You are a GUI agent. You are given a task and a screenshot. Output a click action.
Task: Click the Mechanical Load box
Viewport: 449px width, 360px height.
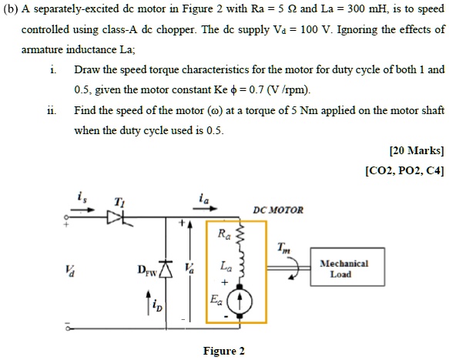click(x=340, y=268)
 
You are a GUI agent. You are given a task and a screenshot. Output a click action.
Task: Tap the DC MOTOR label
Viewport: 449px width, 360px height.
click(x=279, y=210)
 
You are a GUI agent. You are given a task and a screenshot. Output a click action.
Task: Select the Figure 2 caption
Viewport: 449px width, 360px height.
click(x=223, y=352)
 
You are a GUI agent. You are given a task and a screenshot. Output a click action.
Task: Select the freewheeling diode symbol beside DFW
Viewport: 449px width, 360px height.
click(x=163, y=269)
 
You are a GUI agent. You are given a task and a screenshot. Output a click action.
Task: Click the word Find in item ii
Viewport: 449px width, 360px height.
click(x=85, y=110)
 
